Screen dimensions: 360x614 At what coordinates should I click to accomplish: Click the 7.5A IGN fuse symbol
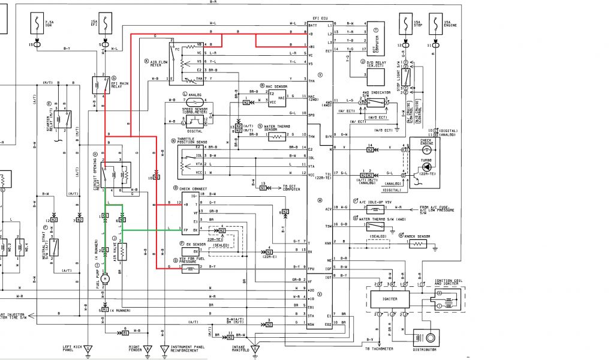pyautogui.click(x=37, y=24)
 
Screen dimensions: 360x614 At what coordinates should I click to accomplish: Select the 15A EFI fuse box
pyautogui.click(x=106, y=24)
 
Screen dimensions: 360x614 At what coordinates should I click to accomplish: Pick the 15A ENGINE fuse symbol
pyautogui.click(x=434, y=24)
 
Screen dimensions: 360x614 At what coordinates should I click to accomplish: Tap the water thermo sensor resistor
pyautogui.click(x=276, y=137)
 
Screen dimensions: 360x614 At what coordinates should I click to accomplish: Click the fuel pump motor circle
pyautogui.click(x=105, y=278)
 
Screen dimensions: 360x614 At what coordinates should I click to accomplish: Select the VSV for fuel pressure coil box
pyautogui.click(x=190, y=269)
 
